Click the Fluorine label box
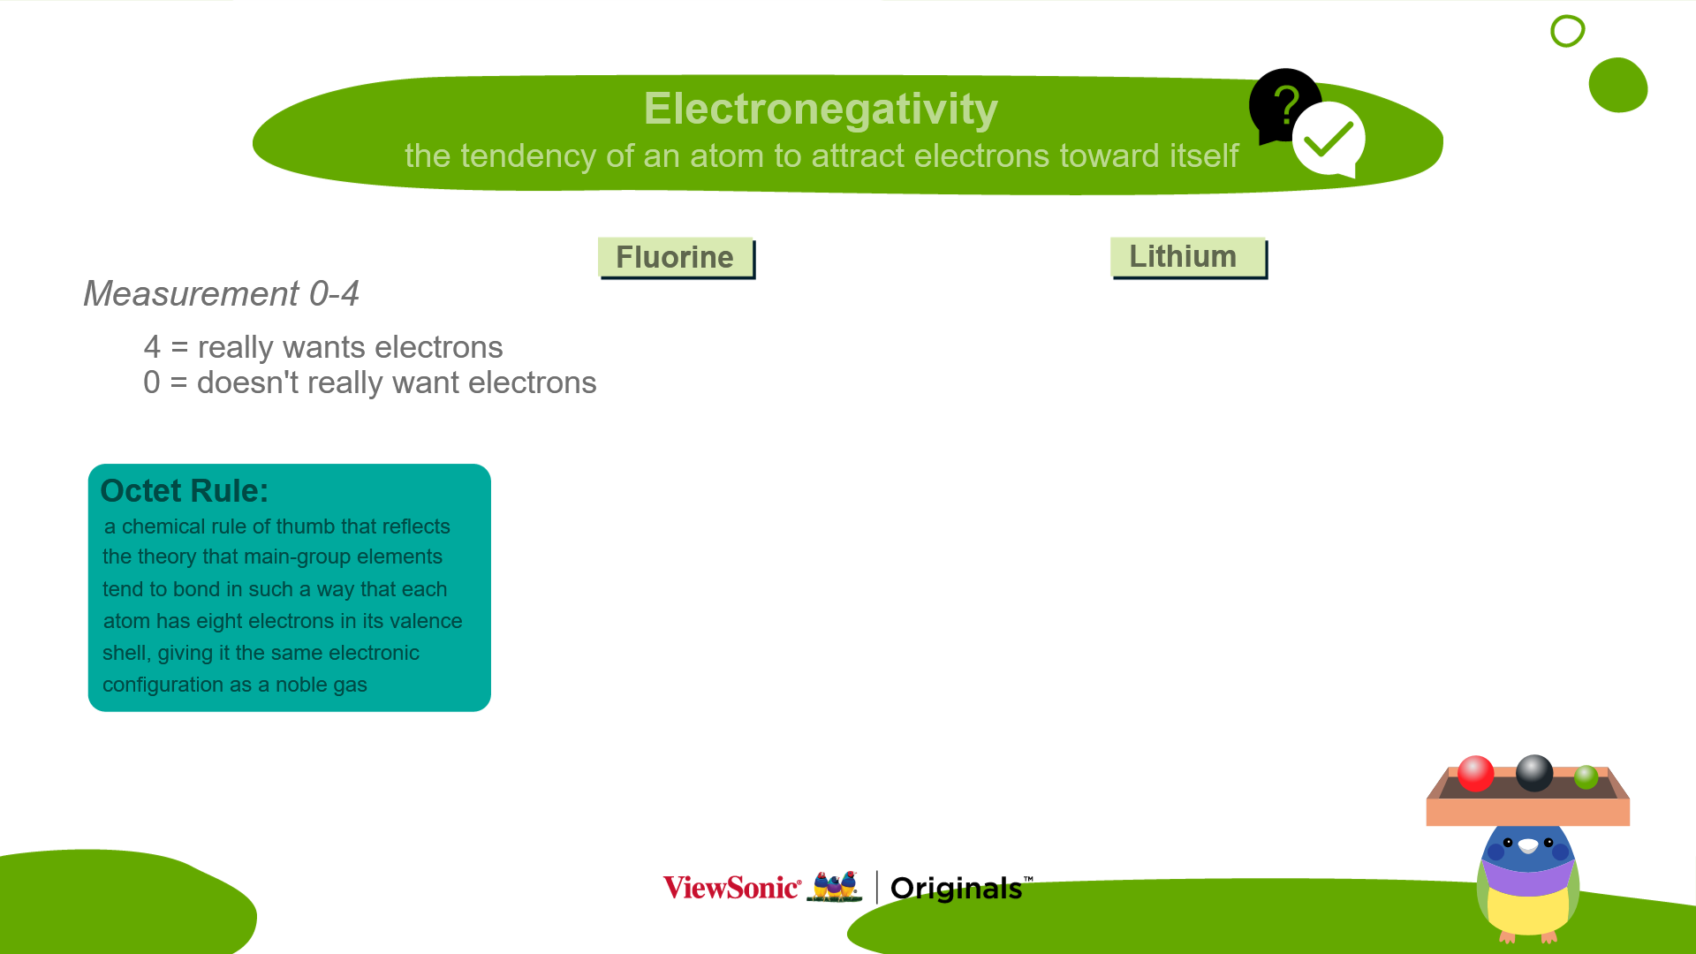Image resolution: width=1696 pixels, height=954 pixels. (676, 258)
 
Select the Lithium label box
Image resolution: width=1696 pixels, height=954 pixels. (1188, 257)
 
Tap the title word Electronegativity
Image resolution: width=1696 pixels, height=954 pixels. (821, 109)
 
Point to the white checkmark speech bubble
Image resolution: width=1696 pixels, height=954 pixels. (1329, 140)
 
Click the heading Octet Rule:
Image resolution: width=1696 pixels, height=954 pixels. (184, 491)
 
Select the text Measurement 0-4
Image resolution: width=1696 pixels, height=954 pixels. (221, 293)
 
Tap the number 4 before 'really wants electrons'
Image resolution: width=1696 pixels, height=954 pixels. (152, 347)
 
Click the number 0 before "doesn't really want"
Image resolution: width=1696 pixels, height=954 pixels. (152, 382)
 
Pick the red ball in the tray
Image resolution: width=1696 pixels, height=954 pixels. (1475, 774)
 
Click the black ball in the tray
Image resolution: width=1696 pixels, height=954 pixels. (1534, 773)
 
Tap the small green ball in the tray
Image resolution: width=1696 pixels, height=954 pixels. (1586, 776)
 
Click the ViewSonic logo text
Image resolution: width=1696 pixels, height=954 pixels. (732, 888)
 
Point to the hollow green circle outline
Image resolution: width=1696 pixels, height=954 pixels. (1568, 17)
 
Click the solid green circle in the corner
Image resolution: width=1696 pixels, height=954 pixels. (1618, 85)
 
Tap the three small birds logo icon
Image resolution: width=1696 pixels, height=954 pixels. (835, 887)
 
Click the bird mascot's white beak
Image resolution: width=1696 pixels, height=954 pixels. (1528, 846)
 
